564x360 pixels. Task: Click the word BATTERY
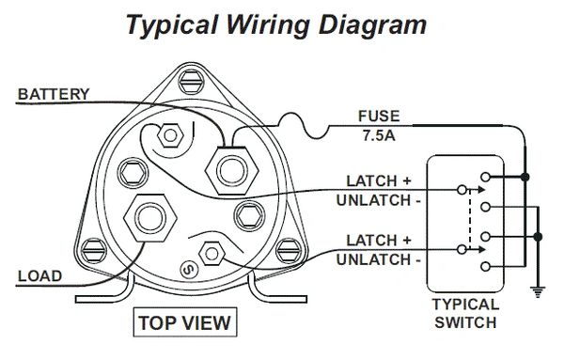click(54, 94)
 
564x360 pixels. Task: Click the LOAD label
click(39, 276)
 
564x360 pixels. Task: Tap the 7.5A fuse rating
click(379, 135)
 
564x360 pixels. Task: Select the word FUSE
click(379, 117)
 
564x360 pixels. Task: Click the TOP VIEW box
click(185, 322)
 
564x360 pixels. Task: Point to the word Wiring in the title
click(268, 25)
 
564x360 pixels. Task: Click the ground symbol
click(538, 292)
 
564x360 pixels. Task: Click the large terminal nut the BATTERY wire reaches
click(231, 170)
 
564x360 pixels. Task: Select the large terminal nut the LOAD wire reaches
click(150, 218)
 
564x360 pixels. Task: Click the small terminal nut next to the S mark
click(211, 254)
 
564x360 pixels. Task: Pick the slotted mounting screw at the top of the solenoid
click(192, 82)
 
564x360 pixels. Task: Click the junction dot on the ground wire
click(538, 237)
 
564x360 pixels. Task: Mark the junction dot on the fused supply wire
click(525, 177)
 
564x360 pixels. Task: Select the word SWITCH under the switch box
click(465, 322)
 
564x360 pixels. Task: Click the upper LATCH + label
click(379, 180)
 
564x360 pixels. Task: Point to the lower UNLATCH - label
click(379, 259)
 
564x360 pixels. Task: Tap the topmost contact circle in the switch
click(485, 177)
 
